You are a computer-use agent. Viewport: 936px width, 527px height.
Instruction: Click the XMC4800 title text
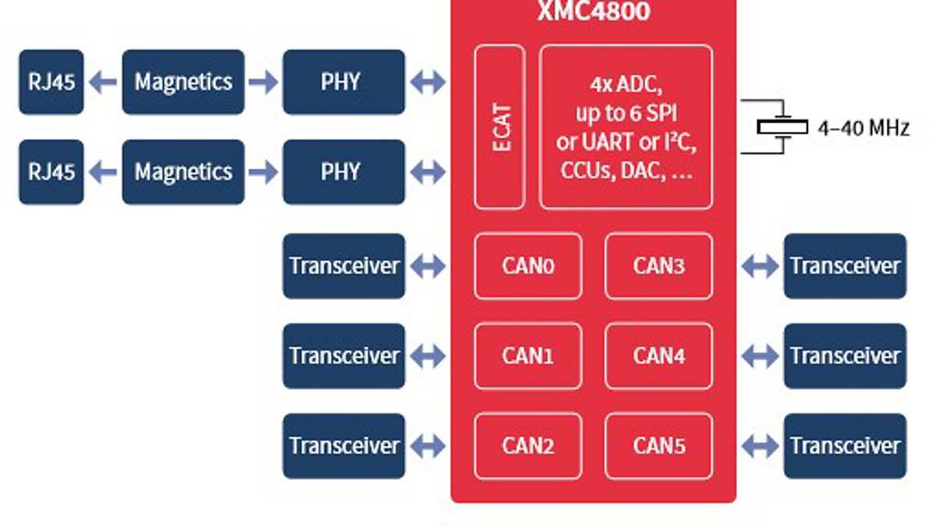pos(593,11)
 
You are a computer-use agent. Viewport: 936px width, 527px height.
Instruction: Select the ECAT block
pos(499,127)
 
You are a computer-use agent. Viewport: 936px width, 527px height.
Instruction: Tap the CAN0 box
pos(528,266)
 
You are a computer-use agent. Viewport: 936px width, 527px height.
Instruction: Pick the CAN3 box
pos(658,266)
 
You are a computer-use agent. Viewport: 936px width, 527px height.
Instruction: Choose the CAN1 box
pos(528,356)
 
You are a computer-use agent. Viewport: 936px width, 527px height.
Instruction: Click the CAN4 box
pos(658,356)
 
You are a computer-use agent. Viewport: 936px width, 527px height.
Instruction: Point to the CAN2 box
pos(528,446)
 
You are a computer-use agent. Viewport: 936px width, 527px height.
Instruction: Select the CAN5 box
pos(658,446)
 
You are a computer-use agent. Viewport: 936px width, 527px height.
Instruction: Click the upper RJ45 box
pos(51,82)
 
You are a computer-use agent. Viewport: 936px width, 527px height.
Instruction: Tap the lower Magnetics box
pos(183,172)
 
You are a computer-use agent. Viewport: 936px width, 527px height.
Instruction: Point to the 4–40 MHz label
pos(863,128)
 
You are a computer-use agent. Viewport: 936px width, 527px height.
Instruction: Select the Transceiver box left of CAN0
pos(343,266)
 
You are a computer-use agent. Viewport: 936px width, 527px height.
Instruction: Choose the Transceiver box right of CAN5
pos(845,446)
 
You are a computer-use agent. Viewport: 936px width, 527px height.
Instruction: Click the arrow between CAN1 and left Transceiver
pos(427,357)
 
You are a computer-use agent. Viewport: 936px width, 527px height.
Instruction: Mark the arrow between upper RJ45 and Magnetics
pos(102,82)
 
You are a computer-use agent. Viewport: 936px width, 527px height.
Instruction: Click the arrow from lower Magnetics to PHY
pos(263,172)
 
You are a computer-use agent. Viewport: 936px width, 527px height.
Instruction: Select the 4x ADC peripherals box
pos(626,127)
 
